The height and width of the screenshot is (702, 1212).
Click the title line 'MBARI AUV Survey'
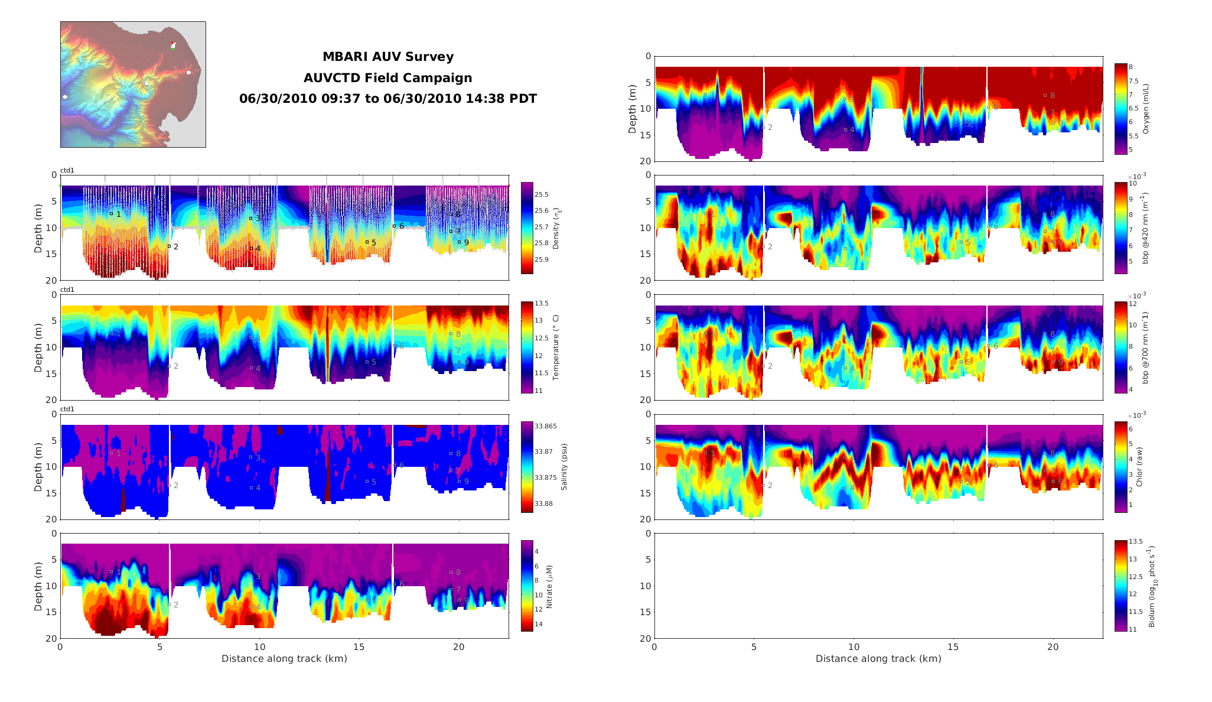tap(387, 57)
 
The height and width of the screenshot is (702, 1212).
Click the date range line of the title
tap(387, 99)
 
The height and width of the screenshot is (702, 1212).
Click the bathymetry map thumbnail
tap(133, 84)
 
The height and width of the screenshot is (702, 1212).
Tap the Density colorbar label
tap(556, 228)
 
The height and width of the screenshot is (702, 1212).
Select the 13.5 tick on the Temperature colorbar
tap(542, 304)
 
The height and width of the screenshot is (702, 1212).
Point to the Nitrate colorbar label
tap(549, 587)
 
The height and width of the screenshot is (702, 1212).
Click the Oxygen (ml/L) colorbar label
tap(1146, 109)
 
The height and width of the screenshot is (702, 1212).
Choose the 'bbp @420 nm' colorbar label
tap(1146, 228)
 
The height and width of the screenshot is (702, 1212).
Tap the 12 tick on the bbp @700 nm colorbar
tap(1133, 304)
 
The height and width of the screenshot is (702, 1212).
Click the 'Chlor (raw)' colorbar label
tap(1139, 467)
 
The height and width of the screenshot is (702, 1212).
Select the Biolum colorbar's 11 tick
tap(1133, 630)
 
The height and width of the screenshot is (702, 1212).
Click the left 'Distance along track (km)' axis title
tap(284, 659)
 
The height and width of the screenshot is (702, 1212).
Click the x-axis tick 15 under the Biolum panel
tap(953, 647)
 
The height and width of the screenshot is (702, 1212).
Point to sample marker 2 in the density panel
tap(169, 246)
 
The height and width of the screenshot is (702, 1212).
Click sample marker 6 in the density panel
tap(394, 226)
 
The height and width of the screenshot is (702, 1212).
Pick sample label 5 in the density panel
tap(374, 243)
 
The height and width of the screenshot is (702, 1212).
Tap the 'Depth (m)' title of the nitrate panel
tap(38, 586)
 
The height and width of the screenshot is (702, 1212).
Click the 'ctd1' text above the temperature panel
tap(67, 290)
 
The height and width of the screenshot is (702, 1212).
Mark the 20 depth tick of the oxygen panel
tap(648, 161)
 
